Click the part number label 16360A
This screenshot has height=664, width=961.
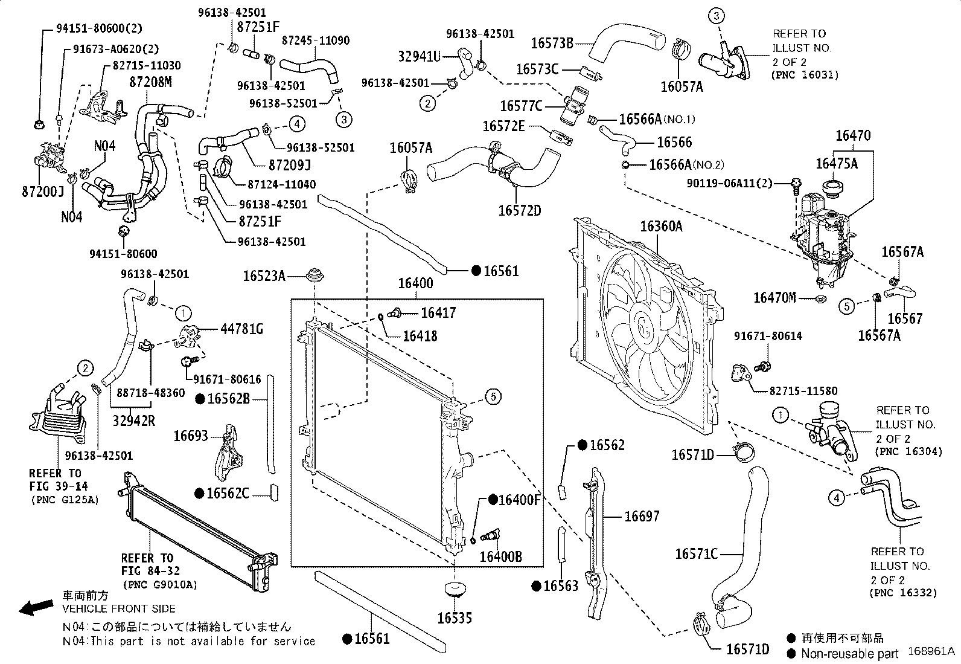(661, 227)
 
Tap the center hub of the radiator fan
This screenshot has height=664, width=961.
(643, 326)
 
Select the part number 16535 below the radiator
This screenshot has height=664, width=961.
(455, 618)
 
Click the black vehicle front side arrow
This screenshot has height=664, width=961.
(36, 607)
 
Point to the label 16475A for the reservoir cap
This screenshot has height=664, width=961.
(836, 163)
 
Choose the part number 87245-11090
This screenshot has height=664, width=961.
(316, 40)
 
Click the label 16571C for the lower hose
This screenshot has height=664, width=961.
(696, 553)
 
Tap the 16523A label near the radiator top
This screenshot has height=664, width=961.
(264, 276)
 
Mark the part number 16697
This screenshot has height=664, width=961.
(642, 516)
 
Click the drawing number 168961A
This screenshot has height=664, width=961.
(931, 652)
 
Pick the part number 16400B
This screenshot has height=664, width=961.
(500, 556)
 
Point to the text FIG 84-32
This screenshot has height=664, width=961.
(150, 571)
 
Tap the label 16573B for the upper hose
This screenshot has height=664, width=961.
(552, 43)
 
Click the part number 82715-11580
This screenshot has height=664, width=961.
(794, 391)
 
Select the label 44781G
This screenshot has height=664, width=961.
(241, 329)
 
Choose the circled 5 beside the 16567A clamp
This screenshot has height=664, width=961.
(847, 306)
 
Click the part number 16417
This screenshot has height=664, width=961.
(438, 312)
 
